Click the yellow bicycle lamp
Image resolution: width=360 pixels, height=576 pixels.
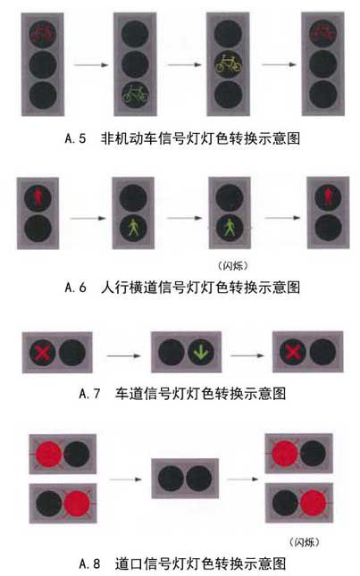click(x=229, y=64)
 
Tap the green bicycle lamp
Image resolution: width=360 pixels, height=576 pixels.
click(x=136, y=95)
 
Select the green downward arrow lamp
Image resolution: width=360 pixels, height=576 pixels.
click(x=201, y=352)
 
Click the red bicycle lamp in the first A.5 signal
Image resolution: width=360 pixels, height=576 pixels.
click(x=43, y=34)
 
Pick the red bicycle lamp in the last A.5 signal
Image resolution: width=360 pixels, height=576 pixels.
click(x=322, y=33)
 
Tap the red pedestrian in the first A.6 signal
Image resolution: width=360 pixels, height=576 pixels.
click(x=38, y=198)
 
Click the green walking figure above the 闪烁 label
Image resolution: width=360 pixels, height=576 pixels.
click(x=230, y=228)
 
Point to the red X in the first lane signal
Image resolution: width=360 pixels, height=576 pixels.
click(x=43, y=352)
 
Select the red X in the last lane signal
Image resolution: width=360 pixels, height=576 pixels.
click(x=293, y=352)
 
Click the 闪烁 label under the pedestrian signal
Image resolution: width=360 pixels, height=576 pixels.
click(x=232, y=265)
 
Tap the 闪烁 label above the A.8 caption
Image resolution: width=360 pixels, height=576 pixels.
click(x=304, y=542)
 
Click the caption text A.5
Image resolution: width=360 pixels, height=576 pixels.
click(x=75, y=138)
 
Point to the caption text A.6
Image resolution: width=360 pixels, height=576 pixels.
click(x=75, y=288)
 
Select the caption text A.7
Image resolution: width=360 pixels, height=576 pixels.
click(x=89, y=394)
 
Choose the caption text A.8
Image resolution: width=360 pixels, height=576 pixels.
click(x=89, y=563)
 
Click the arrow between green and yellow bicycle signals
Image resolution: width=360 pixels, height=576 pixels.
click(x=184, y=64)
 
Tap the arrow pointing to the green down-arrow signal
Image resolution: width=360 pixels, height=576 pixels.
click(x=124, y=355)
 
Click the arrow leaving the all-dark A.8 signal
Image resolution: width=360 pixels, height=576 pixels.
click(x=242, y=479)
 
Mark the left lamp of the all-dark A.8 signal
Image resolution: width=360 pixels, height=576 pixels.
click(x=172, y=479)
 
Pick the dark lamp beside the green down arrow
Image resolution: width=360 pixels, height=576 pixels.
click(x=172, y=352)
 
